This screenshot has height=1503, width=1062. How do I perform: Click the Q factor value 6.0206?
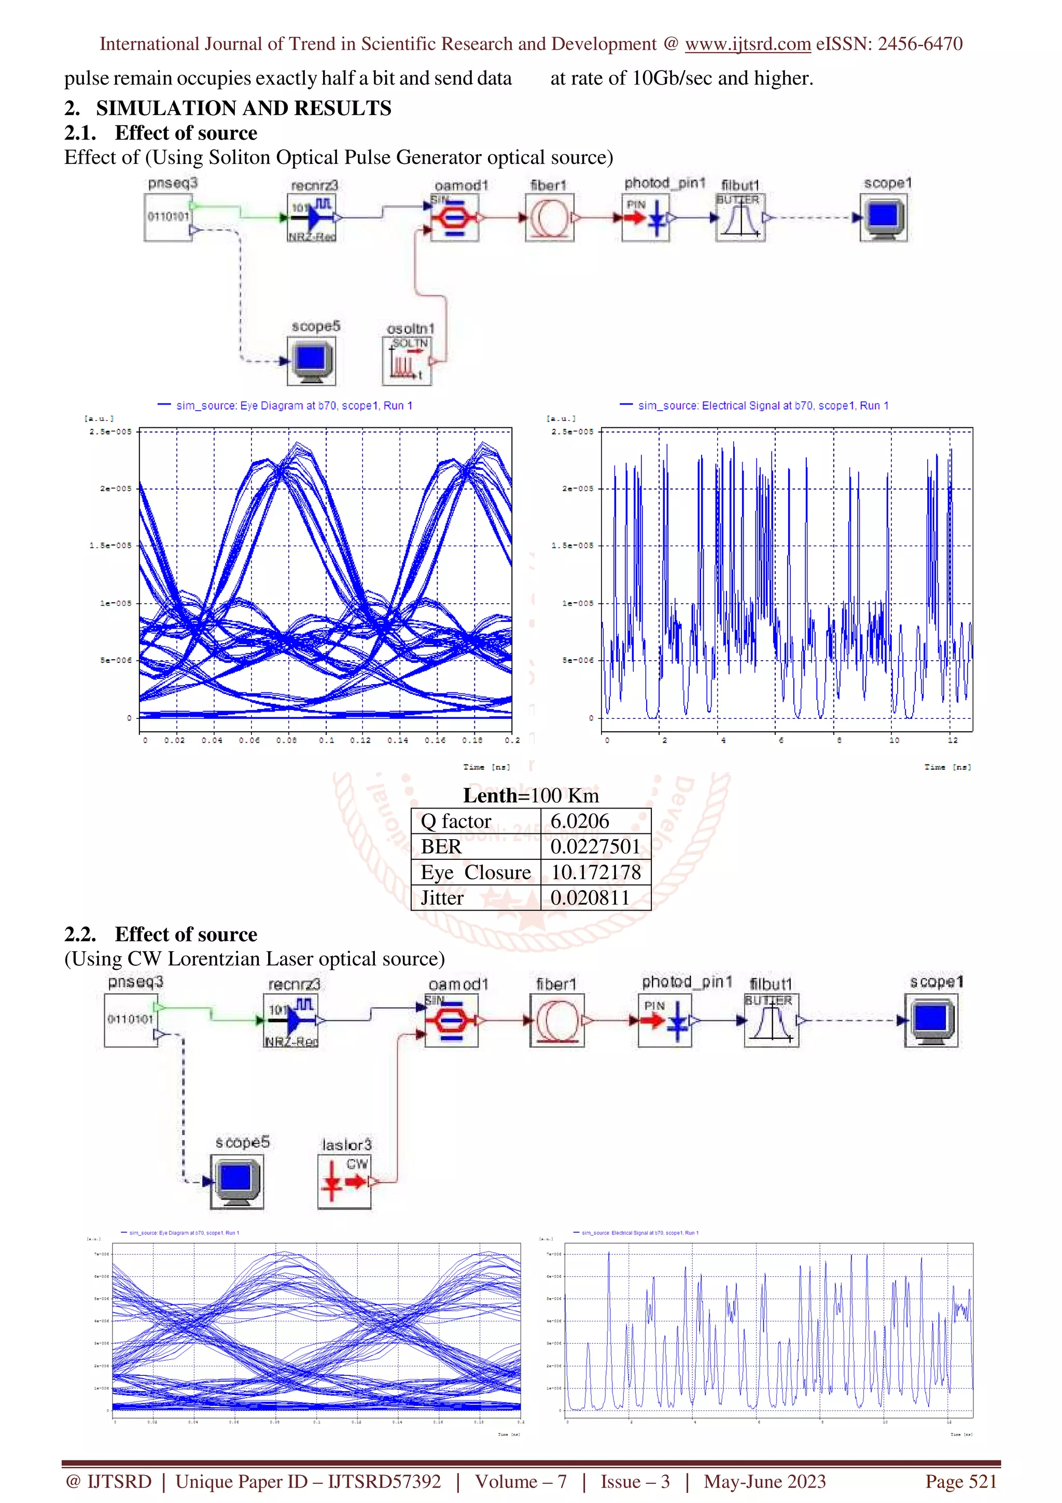579,821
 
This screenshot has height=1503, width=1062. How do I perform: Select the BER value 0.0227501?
594,846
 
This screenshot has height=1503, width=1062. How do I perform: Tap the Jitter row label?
442,897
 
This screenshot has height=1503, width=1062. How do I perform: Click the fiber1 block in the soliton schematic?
550,217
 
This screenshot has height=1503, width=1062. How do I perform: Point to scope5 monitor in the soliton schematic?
312,360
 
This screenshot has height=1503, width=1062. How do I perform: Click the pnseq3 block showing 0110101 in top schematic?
168,217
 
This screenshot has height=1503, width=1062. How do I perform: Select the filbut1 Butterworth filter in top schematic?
740,217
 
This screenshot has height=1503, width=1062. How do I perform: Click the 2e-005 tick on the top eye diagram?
116,489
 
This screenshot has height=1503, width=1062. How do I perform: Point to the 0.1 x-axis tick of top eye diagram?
326,741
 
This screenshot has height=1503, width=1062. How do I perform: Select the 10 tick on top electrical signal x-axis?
894,741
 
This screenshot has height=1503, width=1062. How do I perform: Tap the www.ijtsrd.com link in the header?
747,44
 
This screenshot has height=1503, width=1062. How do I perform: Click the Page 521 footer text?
960,1481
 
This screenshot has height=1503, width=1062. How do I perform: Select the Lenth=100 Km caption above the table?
530,796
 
